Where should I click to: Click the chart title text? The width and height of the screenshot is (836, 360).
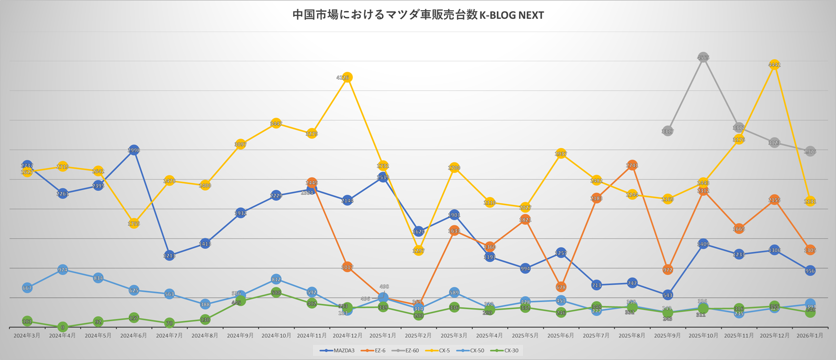[x=418, y=15]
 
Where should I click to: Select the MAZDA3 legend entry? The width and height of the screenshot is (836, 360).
[x=340, y=350]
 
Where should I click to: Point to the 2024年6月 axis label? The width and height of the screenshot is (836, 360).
[x=133, y=335]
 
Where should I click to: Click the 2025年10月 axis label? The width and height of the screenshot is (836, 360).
[x=703, y=335]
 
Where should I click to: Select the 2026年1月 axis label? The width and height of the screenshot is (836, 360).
[x=810, y=335]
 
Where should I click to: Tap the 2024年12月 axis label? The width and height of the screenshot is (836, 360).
[x=347, y=335]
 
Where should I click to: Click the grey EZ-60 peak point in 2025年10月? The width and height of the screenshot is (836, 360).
[x=703, y=57]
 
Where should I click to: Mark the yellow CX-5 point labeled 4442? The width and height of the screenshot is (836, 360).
[x=774, y=65]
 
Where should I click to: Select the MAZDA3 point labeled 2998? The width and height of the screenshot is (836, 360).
[x=134, y=150]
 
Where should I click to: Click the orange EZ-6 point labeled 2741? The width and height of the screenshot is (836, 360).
[x=632, y=165]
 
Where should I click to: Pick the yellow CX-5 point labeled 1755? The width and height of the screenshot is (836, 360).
[x=134, y=224]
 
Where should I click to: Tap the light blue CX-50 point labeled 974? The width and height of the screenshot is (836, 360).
[x=63, y=270]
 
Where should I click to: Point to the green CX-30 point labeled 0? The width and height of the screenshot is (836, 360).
[x=63, y=327]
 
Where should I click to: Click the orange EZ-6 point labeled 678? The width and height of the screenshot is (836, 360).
[x=561, y=287]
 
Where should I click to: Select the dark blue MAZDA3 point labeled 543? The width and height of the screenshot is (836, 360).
[x=667, y=295]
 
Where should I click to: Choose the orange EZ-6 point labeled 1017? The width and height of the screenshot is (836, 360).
[x=347, y=267]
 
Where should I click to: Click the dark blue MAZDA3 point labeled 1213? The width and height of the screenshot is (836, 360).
[x=169, y=256]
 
